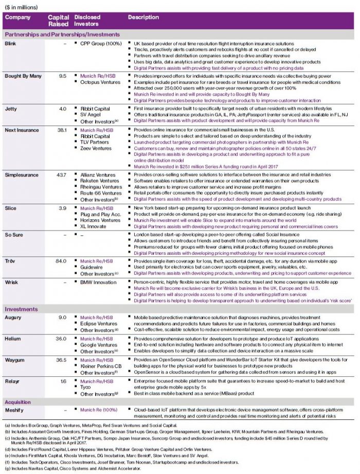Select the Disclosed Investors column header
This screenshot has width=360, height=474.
point(86,21)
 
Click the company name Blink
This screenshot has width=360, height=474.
point(11,44)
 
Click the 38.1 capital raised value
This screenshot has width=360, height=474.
point(62,130)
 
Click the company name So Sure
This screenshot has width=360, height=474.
point(14,234)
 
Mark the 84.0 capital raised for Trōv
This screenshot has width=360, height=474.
point(62,261)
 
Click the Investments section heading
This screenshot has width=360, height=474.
point(21,309)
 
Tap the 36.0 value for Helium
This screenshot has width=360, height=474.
point(62,339)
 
